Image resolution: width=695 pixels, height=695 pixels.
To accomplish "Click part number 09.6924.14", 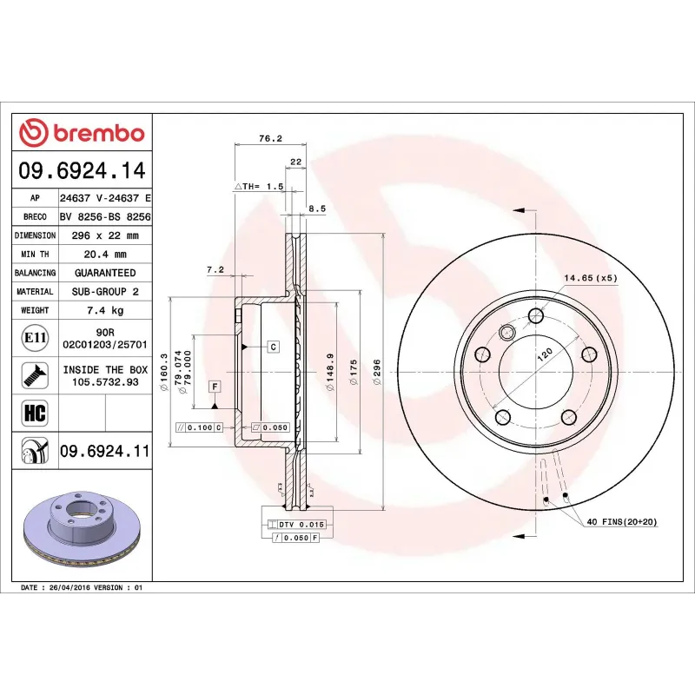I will [x=83, y=170].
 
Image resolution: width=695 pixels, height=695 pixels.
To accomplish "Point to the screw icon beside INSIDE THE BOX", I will [x=35, y=375].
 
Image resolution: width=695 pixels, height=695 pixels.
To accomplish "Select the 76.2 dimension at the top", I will [x=270, y=138].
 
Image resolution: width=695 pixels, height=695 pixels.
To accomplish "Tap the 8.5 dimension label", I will [x=317, y=208].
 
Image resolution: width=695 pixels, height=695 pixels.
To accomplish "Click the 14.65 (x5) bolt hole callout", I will [x=591, y=278].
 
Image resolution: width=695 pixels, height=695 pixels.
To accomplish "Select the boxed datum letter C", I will [x=272, y=347].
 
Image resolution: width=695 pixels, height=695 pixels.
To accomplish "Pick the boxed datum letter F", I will [x=214, y=385].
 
